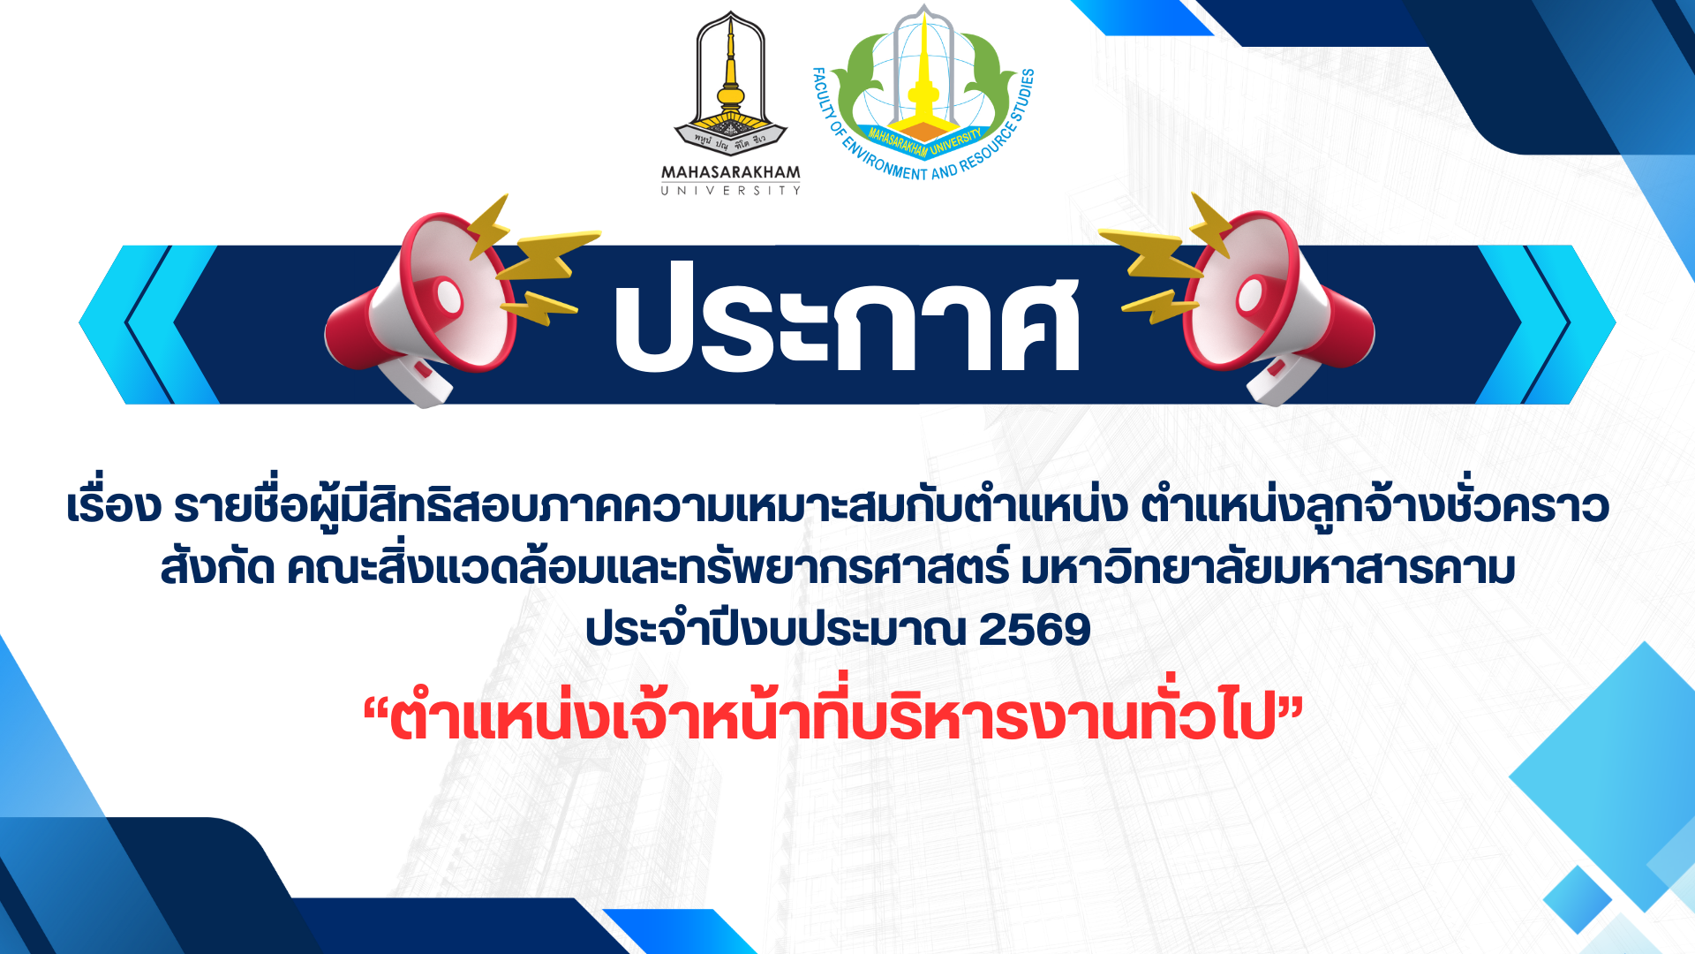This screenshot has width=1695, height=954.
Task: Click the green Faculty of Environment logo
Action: pyautogui.click(x=923, y=93)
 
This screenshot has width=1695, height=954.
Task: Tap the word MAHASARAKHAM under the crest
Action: pyautogui.click(x=731, y=172)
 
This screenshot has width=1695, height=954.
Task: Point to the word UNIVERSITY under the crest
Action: pyautogui.click(x=731, y=190)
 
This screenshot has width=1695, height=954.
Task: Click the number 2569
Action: pyautogui.click(x=1036, y=630)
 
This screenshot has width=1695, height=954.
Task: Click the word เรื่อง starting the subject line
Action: pyautogui.click(x=114, y=505)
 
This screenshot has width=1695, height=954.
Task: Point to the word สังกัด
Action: pyautogui.click(x=217, y=568)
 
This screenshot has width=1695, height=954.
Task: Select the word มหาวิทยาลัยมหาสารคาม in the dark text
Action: pyautogui.click(x=1268, y=568)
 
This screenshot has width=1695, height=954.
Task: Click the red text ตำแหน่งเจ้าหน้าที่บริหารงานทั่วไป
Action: pyautogui.click(x=833, y=717)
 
